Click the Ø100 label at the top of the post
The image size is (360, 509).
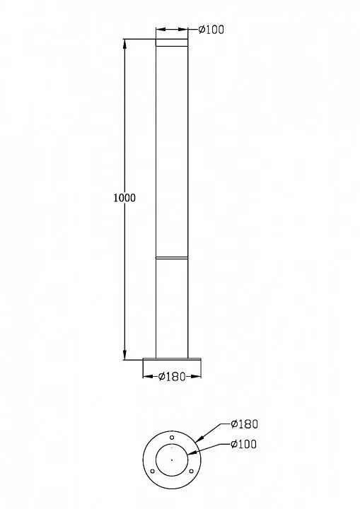tap(211, 30)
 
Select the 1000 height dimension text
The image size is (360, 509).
tap(124, 198)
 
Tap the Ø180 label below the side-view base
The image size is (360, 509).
tap(172, 377)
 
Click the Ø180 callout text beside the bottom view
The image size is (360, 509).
tap(244, 424)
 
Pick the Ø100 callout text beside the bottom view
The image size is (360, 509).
tap(244, 444)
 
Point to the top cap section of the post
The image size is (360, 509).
tap(172, 42)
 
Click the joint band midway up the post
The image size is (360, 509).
tap(172, 258)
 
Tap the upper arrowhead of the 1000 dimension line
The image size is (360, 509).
tap(125, 44)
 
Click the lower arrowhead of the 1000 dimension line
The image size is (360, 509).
tap(125, 355)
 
